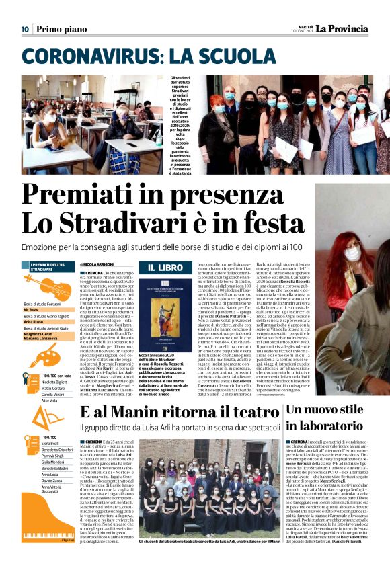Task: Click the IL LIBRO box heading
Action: (161, 268)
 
